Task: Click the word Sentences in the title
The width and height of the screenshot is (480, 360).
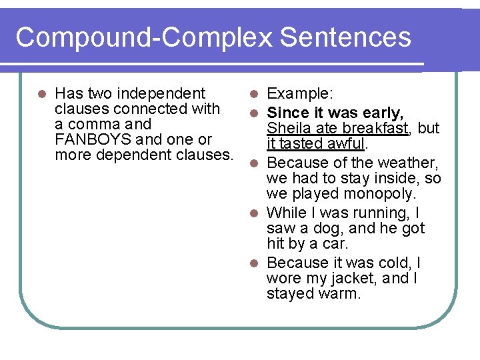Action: point(345,37)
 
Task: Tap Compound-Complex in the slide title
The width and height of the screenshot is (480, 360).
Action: point(145,37)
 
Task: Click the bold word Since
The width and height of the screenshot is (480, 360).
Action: point(287,112)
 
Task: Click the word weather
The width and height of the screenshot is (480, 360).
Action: point(411,163)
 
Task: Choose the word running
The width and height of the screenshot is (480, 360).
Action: point(377,213)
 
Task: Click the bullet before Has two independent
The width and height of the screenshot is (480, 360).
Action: point(42,94)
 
